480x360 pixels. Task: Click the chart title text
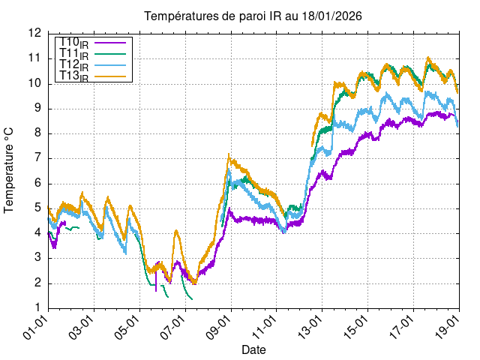pos(247,16)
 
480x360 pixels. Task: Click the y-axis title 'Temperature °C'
pos(10,169)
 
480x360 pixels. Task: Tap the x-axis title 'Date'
pos(253,350)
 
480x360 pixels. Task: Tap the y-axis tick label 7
pos(37,158)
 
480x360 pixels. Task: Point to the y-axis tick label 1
pos(37,308)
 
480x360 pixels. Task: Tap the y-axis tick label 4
pos(37,233)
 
